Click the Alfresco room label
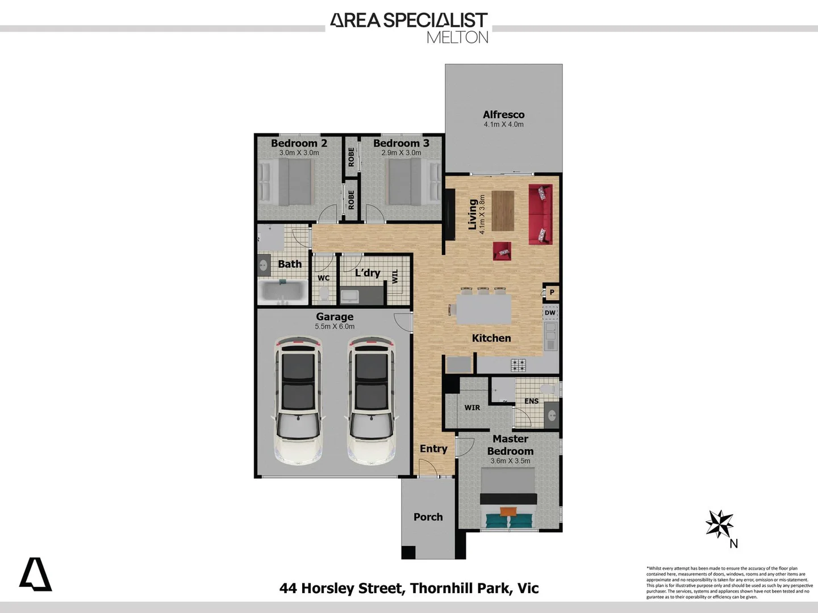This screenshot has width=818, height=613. coord(503,115)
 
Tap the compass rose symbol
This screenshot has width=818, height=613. coord(719,523)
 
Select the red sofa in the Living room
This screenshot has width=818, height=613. coord(540,215)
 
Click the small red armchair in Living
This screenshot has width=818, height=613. coord(502,251)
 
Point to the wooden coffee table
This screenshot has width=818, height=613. coord(502,211)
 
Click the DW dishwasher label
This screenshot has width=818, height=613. coord(550,313)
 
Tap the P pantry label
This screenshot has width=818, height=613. coord(552,292)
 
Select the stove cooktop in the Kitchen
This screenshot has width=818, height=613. coord(518,365)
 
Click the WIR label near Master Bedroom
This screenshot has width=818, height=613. coord(472,408)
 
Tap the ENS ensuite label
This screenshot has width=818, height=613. coord(531,401)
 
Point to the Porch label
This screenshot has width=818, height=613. coord(428,517)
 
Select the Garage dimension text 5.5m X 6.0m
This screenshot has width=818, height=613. coord(335,327)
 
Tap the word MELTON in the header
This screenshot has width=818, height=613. coord(457,37)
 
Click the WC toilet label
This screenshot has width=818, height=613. coord(323,278)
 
